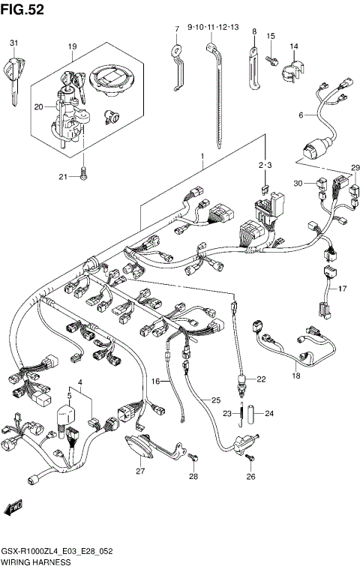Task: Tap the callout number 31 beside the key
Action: pos(13,43)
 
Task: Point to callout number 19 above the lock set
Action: pos(72,47)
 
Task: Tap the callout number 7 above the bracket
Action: pos(177,29)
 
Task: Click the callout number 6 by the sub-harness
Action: pos(300,115)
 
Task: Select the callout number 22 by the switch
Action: pos(262,379)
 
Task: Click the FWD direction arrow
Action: pos(13,510)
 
